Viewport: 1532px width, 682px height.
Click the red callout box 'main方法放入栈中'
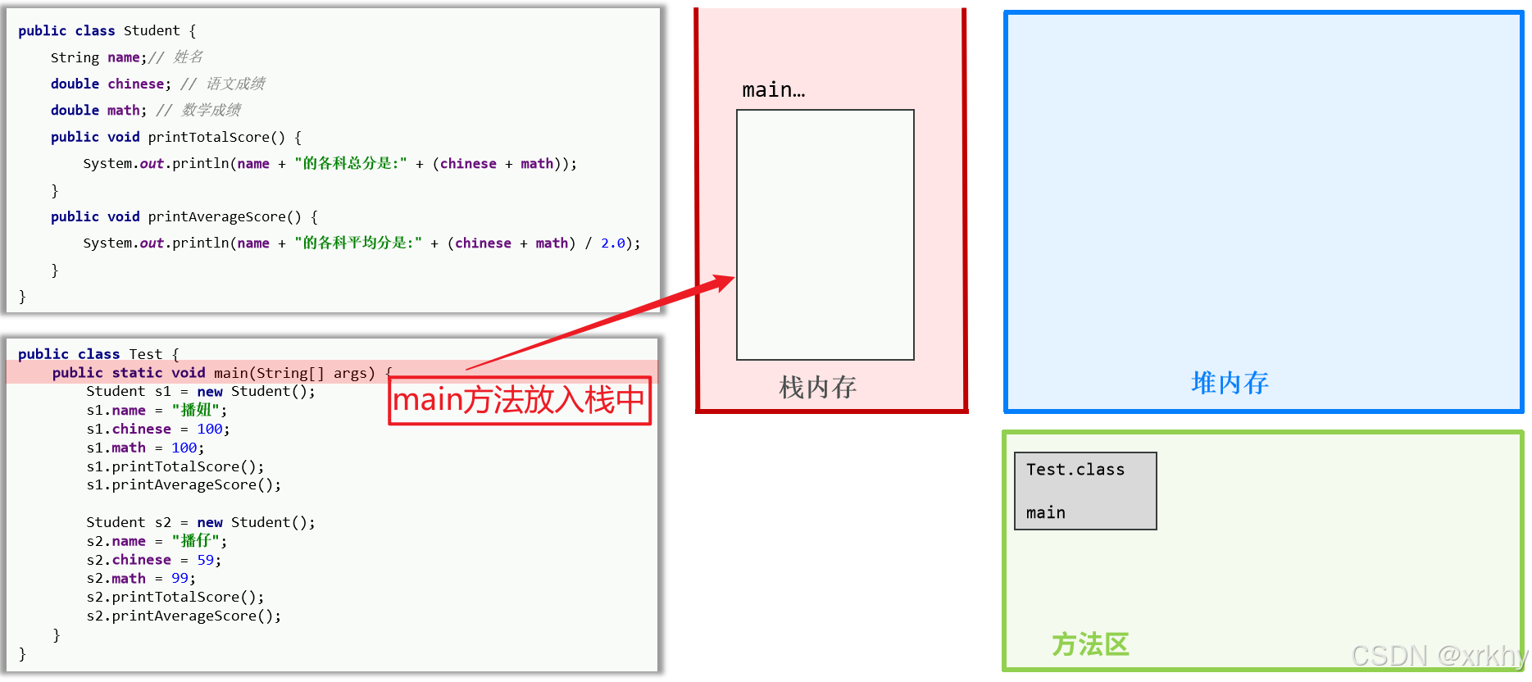point(520,401)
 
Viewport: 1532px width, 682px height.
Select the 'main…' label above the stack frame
point(773,90)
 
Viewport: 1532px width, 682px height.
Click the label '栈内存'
point(817,387)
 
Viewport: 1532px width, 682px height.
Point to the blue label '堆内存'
point(1230,383)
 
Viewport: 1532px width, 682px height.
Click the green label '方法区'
point(1090,644)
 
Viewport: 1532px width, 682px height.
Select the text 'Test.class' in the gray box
point(1075,470)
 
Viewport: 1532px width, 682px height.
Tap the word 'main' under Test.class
point(1045,513)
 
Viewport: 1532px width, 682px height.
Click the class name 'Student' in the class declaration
point(152,31)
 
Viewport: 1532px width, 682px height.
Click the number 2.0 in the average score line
point(613,243)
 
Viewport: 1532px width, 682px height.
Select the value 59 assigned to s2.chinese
point(205,560)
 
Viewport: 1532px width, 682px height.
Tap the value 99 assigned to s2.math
point(180,579)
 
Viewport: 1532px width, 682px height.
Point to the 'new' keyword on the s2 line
point(210,523)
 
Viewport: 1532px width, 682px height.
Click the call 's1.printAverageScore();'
point(184,485)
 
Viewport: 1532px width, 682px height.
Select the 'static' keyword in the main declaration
point(137,373)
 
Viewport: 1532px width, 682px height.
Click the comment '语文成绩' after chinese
point(235,84)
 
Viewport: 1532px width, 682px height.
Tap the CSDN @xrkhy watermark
point(1439,656)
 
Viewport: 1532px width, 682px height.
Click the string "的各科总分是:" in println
point(351,164)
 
